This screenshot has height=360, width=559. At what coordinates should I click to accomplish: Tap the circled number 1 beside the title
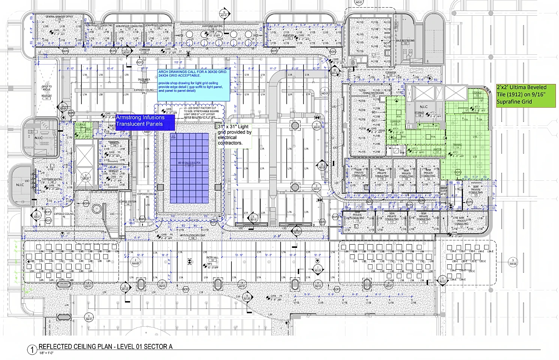32,349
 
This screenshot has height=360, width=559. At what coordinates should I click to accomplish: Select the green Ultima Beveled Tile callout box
526,95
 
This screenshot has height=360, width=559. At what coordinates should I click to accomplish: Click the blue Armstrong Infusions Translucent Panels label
145,121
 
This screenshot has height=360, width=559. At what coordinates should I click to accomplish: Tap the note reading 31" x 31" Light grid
234,135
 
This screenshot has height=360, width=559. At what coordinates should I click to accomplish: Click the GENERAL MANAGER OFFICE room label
59,17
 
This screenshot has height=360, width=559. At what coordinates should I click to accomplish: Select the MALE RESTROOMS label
405,41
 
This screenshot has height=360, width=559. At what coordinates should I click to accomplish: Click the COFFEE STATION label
128,202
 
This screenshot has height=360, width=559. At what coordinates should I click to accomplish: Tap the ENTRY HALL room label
212,258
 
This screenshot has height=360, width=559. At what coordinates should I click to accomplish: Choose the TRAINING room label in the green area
457,145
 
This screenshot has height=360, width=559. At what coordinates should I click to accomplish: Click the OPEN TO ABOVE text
47,88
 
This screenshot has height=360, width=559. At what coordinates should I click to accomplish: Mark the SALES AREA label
144,79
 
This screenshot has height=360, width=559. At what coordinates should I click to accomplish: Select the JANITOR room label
437,150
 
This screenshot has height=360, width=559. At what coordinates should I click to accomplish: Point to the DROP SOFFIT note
443,191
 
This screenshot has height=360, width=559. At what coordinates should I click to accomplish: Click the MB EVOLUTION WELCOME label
192,235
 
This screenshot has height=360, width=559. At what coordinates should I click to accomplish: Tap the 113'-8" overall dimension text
178,63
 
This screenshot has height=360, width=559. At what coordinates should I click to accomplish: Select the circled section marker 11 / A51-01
443,280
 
